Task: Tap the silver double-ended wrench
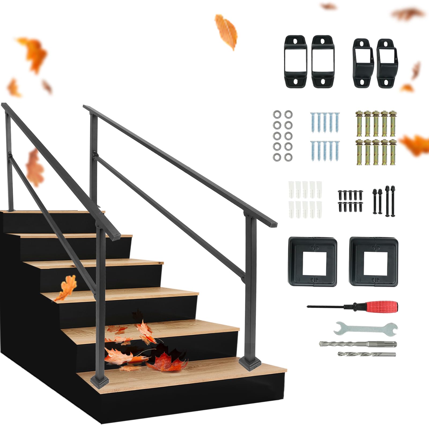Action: [366, 329]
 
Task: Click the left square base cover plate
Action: [313, 261]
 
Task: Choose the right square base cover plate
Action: [373, 261]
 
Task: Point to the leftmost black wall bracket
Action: [296, 61]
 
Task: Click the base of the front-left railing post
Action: [100, 380]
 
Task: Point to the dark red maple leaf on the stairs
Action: [168, 362]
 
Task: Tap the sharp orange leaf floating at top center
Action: [227, 31]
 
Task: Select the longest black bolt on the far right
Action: [393, 201]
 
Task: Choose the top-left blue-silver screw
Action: [313, 122]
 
